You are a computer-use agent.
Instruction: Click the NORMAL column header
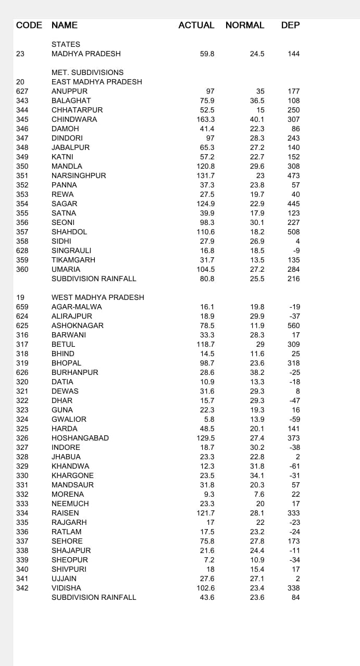tap(244, 25)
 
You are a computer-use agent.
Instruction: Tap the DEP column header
tap(290, 25)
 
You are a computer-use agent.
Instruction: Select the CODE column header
tap(29, 25)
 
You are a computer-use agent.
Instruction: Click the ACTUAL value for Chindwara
tap(205, 119)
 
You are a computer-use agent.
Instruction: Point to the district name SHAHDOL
tap(69, 232)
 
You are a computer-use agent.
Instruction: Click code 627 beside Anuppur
tap(22, 91)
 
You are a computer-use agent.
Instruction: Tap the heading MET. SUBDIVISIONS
tap(88, 72)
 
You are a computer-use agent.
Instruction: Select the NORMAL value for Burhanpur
tap(257, 372)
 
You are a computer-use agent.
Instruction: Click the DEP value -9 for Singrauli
tap(296, 250)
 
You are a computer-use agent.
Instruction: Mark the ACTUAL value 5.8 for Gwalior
tap(209, 419)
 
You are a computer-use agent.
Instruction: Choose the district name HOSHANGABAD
tap(80, 438)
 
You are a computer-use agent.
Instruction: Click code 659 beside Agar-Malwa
tap(22, 307)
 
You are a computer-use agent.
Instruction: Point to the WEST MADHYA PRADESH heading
tap(98, 297)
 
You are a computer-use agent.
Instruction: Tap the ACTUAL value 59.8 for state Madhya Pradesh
tap(207, 54)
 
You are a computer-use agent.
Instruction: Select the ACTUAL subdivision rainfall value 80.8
tap(207, 279)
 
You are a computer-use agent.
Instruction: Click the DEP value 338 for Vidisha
tap(293, 588)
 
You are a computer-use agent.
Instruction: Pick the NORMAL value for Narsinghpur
tap(260, 175)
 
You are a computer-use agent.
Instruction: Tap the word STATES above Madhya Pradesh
tap(66, 44)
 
